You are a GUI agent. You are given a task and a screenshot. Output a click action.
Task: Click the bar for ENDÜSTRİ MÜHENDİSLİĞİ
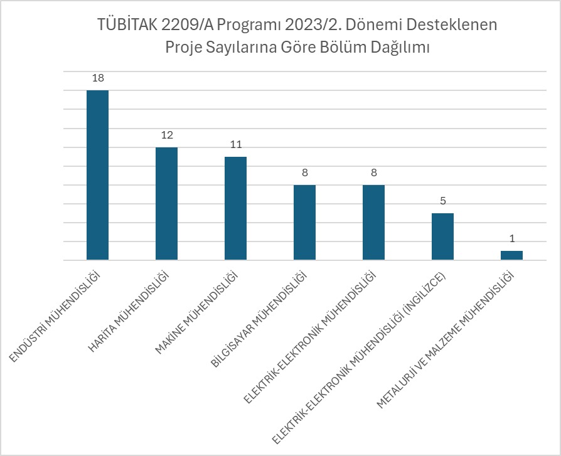coord(97,175)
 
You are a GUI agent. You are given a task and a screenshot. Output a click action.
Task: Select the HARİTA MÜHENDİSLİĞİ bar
coord(166,203)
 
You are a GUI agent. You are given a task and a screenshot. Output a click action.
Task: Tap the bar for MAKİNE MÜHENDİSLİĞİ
coord(235,208)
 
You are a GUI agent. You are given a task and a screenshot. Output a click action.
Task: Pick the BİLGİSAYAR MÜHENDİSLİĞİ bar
coord(304,222)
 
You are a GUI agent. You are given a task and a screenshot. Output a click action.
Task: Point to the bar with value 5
coord(442,236)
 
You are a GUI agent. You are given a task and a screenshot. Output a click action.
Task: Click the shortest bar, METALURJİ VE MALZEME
coord(511,255)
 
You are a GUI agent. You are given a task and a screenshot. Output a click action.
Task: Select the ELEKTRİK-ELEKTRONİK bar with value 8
coord(373,222)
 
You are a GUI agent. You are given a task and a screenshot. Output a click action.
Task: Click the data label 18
coord(97,78)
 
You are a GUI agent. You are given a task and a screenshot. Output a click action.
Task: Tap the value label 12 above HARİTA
coord(166,135)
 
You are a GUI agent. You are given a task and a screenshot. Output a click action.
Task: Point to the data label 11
coord(235,144)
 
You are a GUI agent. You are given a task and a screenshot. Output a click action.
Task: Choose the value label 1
coord(511,239)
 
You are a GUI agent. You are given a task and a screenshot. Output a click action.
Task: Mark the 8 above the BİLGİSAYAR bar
coord(304,172)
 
